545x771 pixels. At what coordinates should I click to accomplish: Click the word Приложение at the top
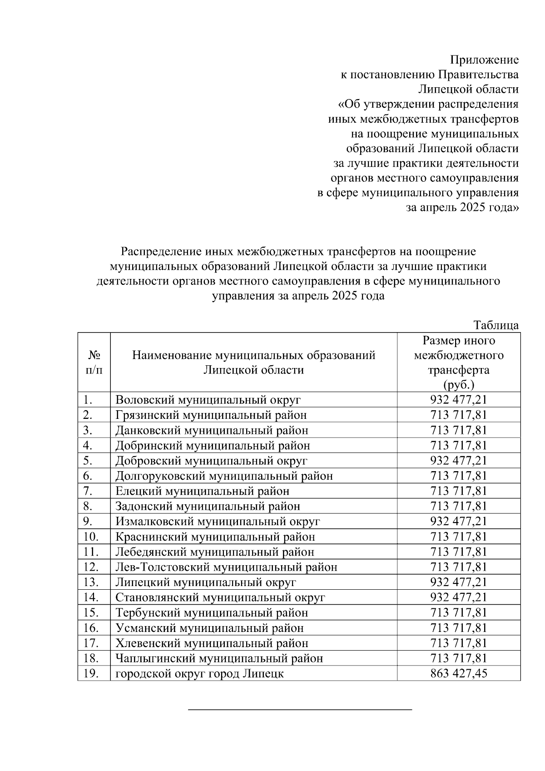click(484, 60)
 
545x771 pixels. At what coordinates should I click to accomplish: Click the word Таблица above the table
click(496, 325)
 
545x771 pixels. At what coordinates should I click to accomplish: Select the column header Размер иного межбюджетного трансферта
click(458, 362)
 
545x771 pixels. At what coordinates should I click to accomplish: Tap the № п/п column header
click(94, 362)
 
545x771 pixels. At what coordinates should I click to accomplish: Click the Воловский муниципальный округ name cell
click(208, 400)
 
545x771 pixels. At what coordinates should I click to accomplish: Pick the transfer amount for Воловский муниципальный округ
click(458, 400)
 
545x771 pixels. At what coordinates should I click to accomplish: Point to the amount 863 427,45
click(458, 673)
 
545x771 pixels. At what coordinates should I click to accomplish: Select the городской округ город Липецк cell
click(200, 673)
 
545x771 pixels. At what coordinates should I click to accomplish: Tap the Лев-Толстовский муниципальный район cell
click(226, 567)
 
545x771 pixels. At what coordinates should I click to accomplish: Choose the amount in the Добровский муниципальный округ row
click(458, 461)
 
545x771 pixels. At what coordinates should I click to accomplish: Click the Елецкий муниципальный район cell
click(202, 491)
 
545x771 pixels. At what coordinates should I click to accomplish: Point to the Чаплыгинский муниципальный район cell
click(219, 658)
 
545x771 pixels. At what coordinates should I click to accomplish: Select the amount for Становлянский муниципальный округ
click(458, 597)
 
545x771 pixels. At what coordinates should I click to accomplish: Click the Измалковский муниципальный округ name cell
click(218, 522)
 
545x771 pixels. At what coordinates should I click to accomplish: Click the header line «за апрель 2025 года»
click(462, 208)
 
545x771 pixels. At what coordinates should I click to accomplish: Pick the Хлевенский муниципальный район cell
click(212, 643)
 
